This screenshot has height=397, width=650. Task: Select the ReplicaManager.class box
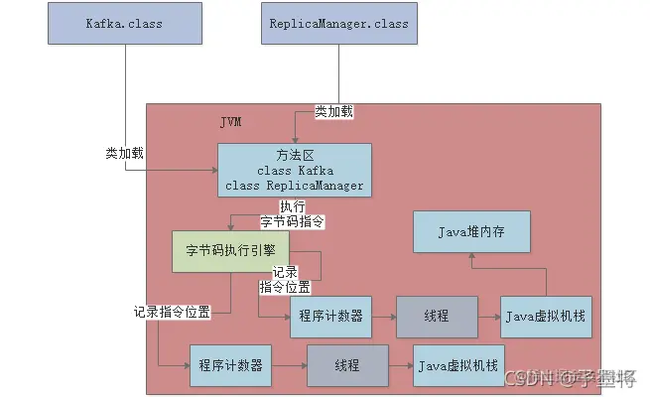(x=340, y=21)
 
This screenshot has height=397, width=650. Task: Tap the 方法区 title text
(x=295, y=155)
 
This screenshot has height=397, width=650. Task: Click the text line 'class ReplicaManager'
(x=295, y=185)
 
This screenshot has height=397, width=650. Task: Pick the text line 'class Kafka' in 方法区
(x=295, y=170)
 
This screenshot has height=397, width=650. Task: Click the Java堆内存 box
(x=472, y=231)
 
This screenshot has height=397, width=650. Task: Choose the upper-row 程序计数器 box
(x=329, y=316)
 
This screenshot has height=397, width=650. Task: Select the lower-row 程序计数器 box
(x=230, y=364)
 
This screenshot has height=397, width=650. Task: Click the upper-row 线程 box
(x=436, y=316)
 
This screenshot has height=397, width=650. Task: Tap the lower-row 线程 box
(x=346, y=364)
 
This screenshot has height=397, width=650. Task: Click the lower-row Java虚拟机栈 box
(x=459, y=364)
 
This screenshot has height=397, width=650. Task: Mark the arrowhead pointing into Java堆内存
(x=472, y=256)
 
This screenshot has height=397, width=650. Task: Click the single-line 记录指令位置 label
(x=172, y=311)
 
